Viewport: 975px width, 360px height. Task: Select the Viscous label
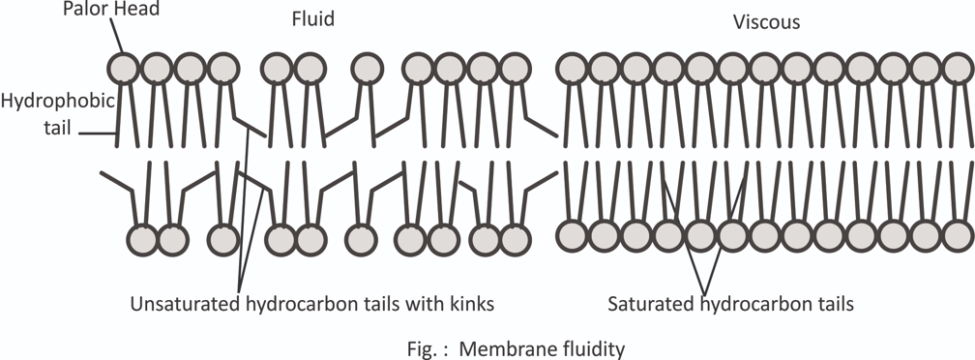click(x=766, y=21)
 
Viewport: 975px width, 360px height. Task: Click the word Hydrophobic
click(x=57, y=100)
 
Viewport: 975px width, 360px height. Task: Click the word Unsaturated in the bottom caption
click(x=181, y=304)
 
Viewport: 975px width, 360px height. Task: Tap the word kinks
click(x=471, y=304)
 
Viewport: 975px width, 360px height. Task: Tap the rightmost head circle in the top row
click(x=958, y=68)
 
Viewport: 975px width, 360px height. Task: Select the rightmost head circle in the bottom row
click(x=958, y=236)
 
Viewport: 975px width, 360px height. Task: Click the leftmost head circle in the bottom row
click(x=142, y=237)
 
